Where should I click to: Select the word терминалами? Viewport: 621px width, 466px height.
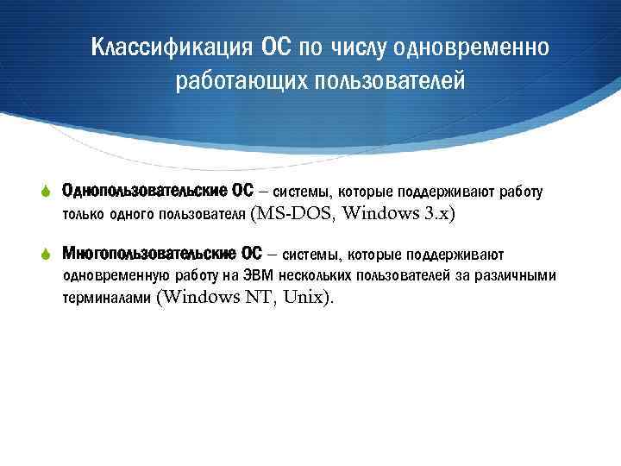[x=106, y=299]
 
